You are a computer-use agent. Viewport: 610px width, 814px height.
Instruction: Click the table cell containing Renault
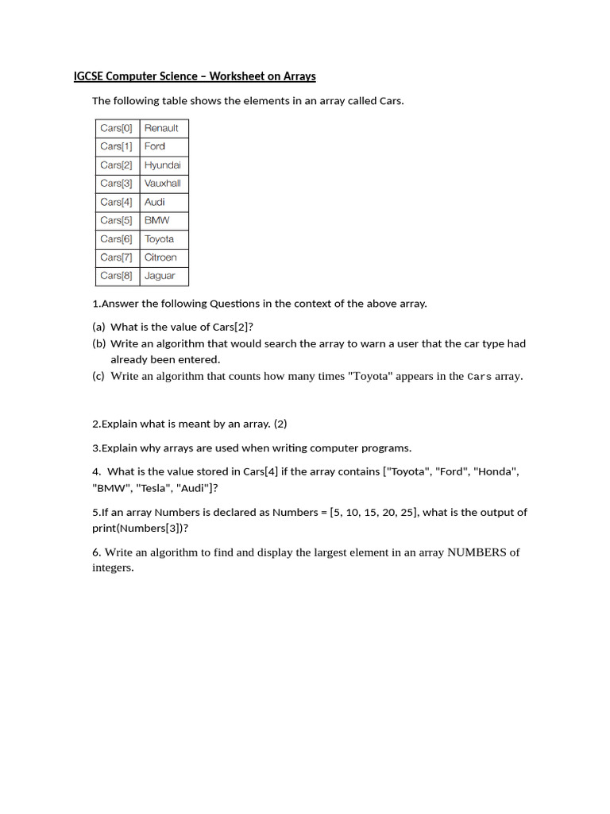[164, 128]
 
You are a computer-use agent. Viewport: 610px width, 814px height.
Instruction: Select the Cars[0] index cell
[117, 128]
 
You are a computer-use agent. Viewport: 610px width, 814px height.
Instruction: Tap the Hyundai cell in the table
[164, 165]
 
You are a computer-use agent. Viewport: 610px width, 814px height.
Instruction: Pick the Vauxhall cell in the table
[164, 184]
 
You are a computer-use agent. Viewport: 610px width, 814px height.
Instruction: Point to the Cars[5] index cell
[117, 220]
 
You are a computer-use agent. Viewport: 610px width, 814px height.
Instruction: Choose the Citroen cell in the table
[164, 258]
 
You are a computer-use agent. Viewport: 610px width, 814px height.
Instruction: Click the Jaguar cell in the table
[164, 276]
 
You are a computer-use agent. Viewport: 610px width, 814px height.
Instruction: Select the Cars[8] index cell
[117, 276]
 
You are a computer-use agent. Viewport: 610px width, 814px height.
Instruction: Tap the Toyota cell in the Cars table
[164, 239]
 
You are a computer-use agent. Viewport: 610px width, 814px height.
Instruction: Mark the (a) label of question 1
[98, 327]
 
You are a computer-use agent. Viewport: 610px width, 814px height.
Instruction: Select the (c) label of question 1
[98, 376]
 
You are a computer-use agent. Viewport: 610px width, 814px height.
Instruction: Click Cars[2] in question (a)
[230, 327]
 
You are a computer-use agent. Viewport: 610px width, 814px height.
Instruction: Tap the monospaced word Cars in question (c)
[479, 377]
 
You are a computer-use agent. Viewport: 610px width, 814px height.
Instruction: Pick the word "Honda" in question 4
[496, 471]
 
